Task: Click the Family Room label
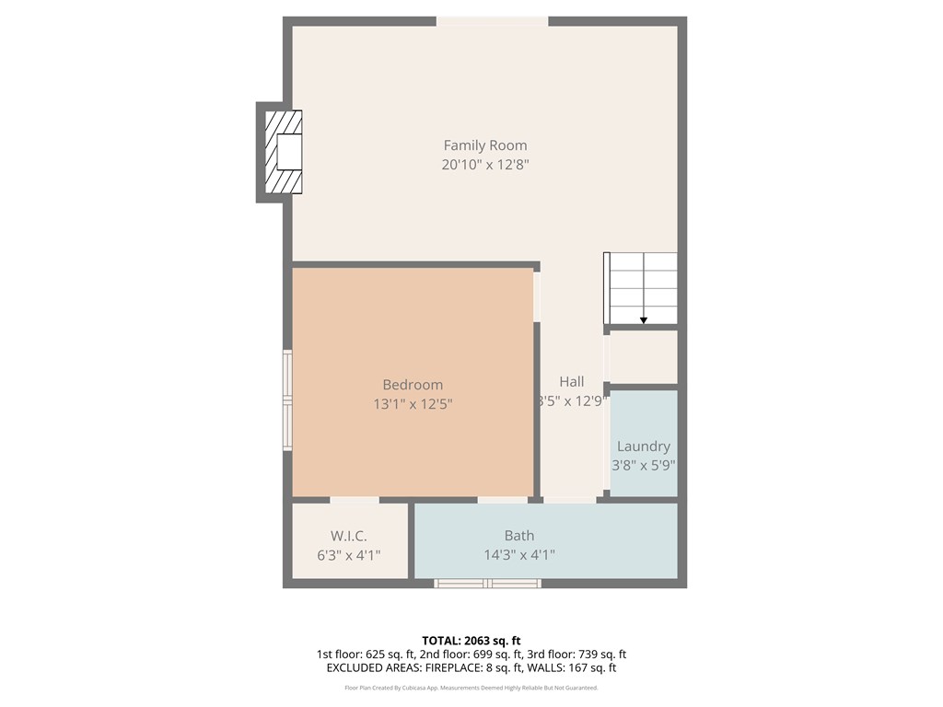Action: coord(485,145)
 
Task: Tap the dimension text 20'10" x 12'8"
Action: coord(485,165)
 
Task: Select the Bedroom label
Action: coord(413,385)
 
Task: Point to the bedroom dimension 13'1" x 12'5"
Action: coord(413,403)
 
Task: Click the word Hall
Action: coord(571,382)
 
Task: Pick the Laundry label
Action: coord(643,446)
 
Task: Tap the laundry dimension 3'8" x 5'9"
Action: coord(644,466)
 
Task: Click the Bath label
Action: coord(518,536)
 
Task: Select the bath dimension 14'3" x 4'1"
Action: coord(519,555)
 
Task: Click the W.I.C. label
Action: coord(349,536)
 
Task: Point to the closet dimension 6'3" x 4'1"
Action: coord(349,555)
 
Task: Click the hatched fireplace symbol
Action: coord(283,152)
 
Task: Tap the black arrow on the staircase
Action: coord(644,319)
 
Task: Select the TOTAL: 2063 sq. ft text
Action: coord(471,641)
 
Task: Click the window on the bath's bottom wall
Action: coord(487,583)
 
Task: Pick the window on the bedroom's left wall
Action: coord(288,400)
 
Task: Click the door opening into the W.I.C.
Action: coord(354,500)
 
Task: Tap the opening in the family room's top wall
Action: coord(492,21)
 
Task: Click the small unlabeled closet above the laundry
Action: coord(643,356)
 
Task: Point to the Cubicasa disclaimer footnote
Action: coord(471,688)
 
